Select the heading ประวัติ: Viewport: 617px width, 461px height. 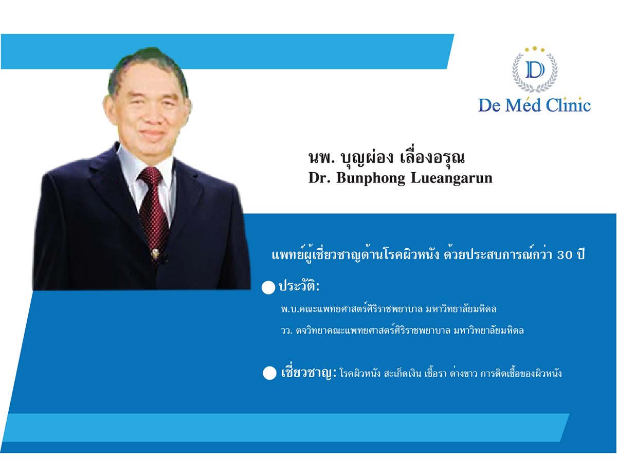[299, 287]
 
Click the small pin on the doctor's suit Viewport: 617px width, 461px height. [153, 253]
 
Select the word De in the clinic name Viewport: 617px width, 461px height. [489, 105]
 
